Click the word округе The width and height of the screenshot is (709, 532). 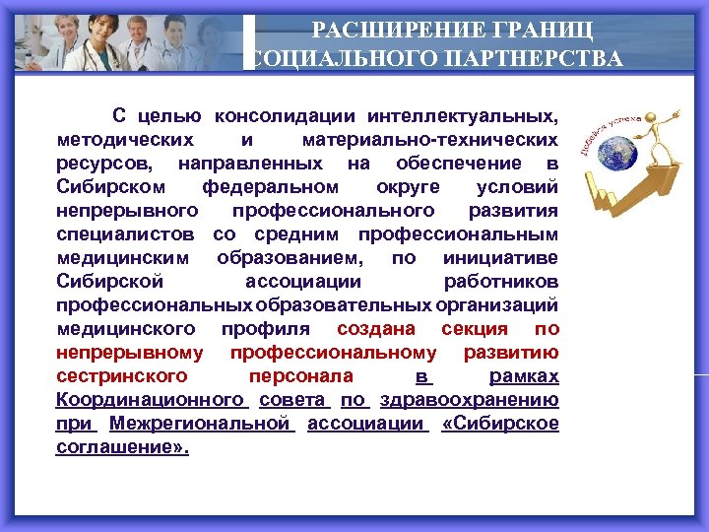tap(406, 187)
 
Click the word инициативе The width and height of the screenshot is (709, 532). tap(501, 258)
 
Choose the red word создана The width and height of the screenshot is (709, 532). tap(376, 329)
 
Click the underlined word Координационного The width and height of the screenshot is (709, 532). tap(150, 400)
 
